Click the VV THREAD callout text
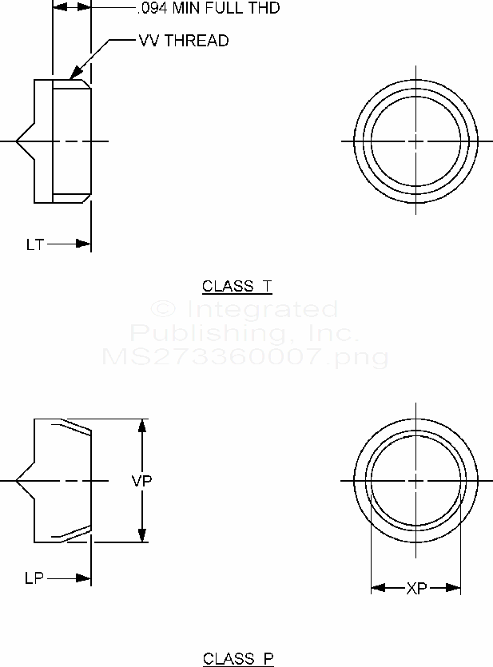pos(184,42)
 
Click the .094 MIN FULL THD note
pos(209,9)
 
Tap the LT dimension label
pos(34,244)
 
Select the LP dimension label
pos(34,577)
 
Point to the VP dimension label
pos(141,481)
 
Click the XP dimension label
pos(416,589)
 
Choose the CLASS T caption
pos(237,286)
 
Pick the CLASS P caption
pos(237,659)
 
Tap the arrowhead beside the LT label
pos(84,244)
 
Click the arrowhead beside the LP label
pos(84,577)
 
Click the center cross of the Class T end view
pos(415,141)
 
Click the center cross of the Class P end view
pos(416,481)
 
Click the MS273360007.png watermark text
pos(246,356)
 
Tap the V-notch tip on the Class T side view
pos(17,141)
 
